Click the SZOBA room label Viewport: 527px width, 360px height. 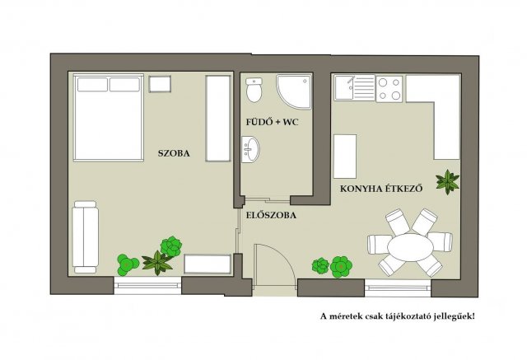click(174, 153)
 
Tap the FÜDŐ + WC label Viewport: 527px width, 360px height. click(273, 122)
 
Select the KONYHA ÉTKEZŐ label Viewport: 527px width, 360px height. click(381, 188)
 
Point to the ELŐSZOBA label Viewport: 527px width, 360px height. click(271, 215)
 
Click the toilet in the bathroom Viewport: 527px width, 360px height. click(254, 90)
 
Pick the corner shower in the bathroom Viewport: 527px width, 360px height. click(294, 91)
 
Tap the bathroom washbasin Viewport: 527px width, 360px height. click(250, 149)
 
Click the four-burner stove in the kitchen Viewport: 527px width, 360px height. click(389, 89)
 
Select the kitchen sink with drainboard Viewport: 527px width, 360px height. click(354, 87)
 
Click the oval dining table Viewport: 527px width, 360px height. click(410, 247)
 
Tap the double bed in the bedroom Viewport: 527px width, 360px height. click(108, 118)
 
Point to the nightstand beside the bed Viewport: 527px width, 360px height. click(160, 84)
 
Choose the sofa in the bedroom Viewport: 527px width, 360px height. click(86, 237)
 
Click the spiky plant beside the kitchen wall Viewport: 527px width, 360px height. click(447, 182)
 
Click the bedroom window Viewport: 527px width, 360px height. click(147, 286)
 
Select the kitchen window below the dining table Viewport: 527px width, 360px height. click(398, 288)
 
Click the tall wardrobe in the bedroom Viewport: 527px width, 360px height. click(218, 119)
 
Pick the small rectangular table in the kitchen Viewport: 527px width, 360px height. click(345, 157)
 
